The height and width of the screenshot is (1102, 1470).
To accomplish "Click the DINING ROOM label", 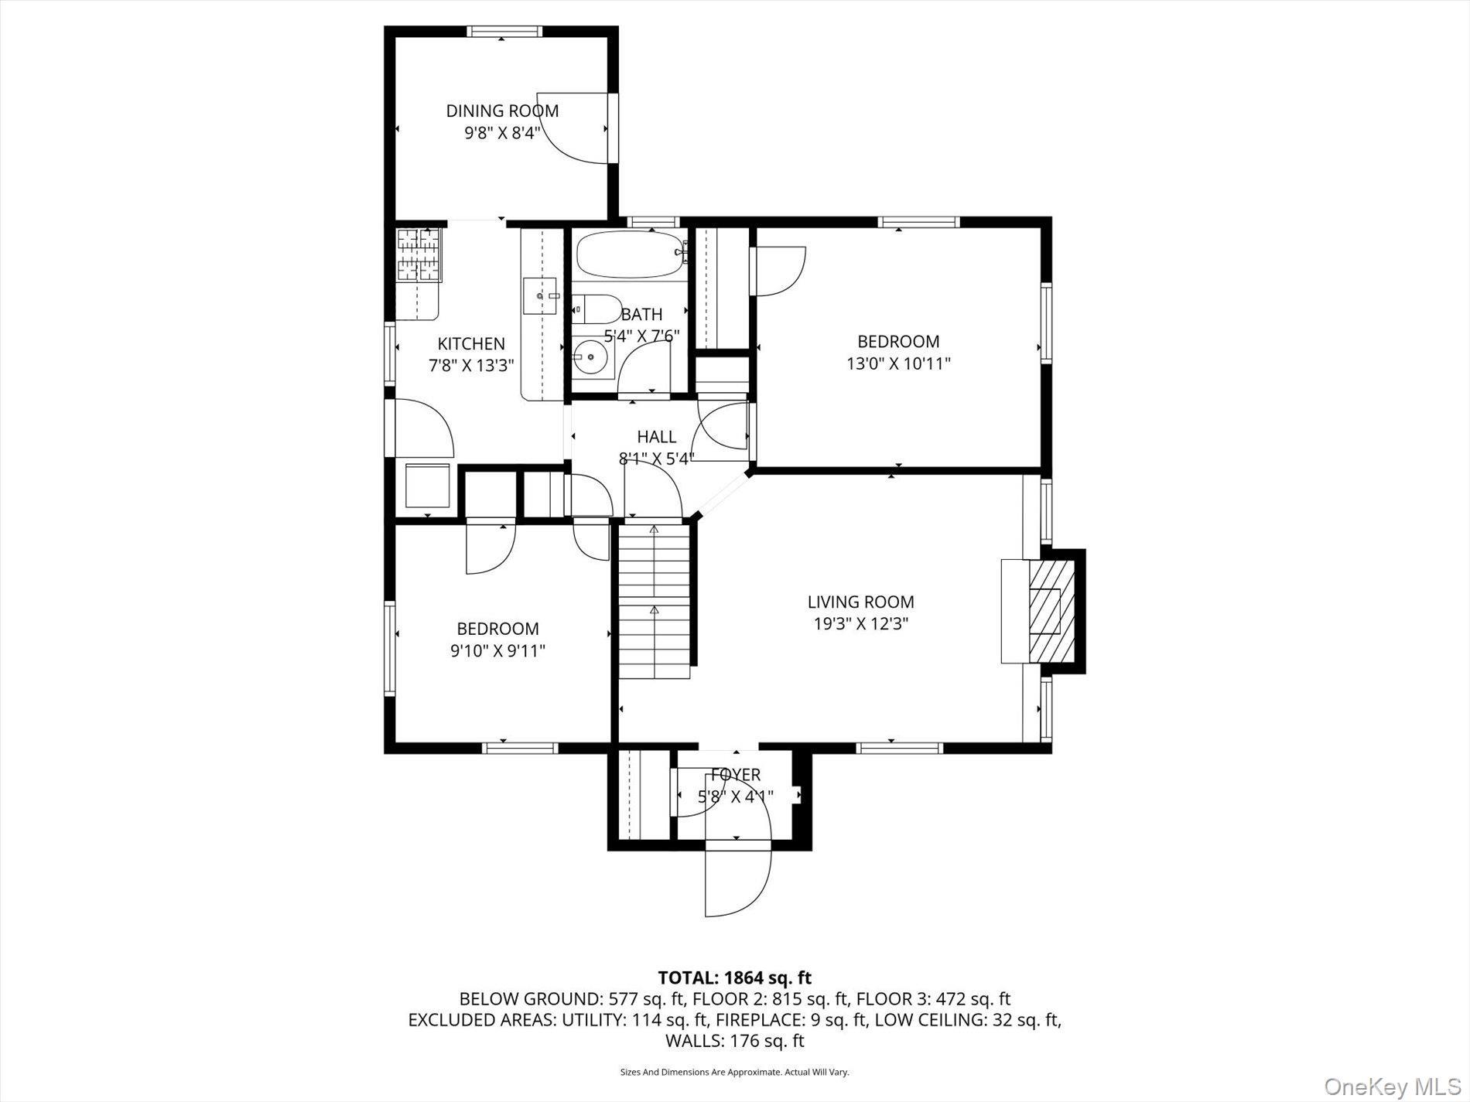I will pyautogui.click(x=502, y=111).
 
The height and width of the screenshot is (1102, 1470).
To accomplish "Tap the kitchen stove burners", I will pyautogui.click(x=418, y=254).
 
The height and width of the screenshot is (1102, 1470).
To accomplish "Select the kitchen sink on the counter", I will pyautogui.click(x=539, y=295).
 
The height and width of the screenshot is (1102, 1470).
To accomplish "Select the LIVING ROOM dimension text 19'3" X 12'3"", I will pyautogui.click(x=860, y=624).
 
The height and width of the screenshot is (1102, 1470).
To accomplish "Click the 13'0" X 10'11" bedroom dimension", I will pyautogui.click(x=898, y=363).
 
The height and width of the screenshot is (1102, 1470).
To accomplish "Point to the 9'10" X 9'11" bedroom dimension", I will pyautogui.click(x=497, y=651).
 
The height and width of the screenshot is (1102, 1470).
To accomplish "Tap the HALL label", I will pyautogui.click(x=656, y=437).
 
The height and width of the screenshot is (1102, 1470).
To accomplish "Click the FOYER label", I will pyautogui.click(x=736, y=774).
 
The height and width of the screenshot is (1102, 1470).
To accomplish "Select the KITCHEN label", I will pyautogui.click(x=471, y=343).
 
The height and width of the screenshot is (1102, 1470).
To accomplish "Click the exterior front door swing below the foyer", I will pyautogui.click(x=737, y=882).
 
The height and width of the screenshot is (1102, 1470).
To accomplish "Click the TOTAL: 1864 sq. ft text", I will pyautogui.click(x=734, y=977).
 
